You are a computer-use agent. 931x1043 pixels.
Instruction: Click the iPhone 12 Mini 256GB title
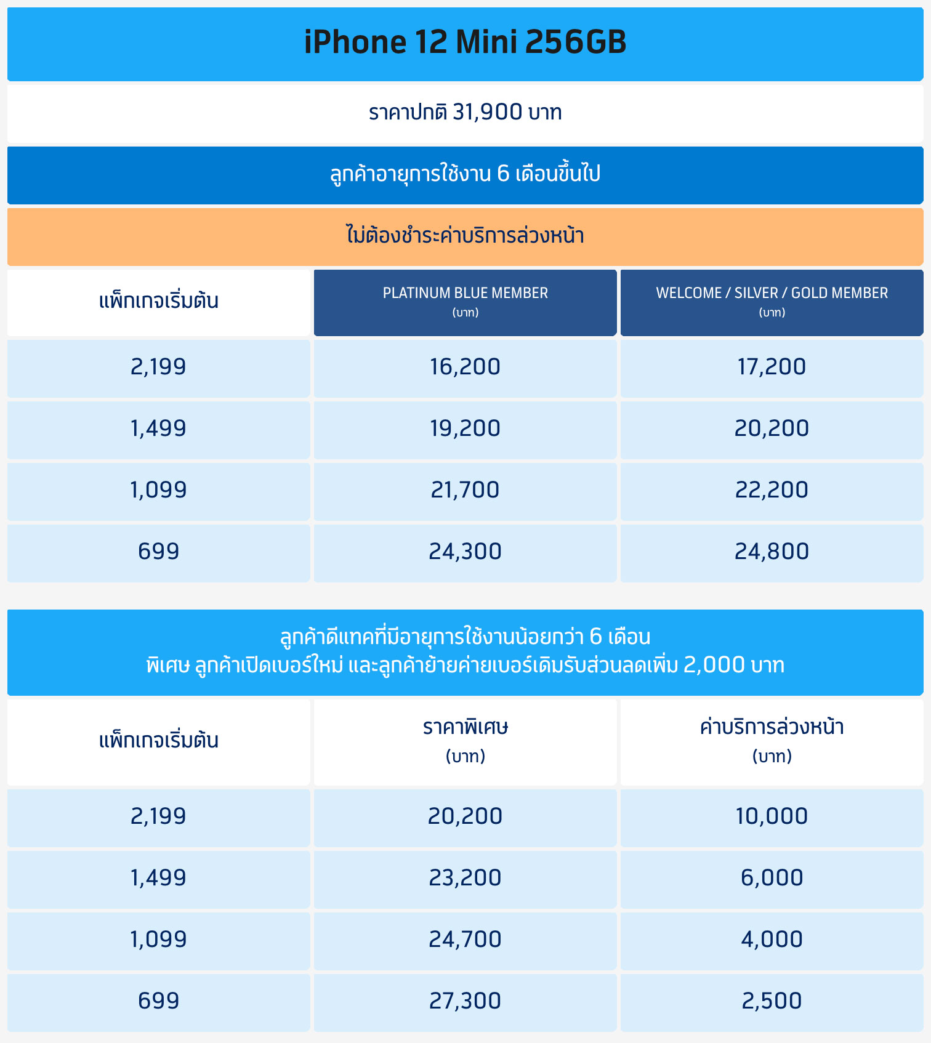(x=465, y=42)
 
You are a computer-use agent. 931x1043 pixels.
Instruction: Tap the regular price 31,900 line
(x=465, y=112)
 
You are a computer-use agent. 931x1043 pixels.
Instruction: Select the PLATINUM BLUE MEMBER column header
(x=465, y=302)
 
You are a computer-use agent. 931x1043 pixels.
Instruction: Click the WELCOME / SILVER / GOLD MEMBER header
(x=772, y=302)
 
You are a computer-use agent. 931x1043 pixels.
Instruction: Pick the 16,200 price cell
(x=465, y=367)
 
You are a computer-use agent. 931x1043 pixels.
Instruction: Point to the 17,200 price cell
(x=772, y=367)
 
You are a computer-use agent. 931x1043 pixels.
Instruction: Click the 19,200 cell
(x=465, y=429)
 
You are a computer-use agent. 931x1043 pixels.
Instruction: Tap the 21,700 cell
(x=465, y=490)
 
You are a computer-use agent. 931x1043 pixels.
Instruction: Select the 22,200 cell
(x=772, y=490)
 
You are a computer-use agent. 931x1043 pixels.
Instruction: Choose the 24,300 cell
(x=465, y=552)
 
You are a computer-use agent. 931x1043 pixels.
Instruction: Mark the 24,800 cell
(x=772, y=552)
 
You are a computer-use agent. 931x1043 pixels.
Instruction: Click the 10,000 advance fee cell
(x=772, y=816)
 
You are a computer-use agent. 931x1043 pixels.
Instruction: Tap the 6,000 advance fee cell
(x=772, y=878)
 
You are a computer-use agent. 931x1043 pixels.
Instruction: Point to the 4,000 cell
(x=772, y=940)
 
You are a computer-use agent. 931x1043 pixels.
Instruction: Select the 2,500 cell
(x=772, y=1001)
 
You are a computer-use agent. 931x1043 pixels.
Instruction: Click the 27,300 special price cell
(x=465, y=1001)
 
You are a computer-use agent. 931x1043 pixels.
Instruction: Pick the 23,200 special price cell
(x=465, y=878)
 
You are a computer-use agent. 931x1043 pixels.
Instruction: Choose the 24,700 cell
(x=465, y=940)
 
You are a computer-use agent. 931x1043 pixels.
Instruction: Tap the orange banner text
(x=465, y=236)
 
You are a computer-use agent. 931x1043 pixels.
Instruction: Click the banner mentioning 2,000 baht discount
(x=465, y=665)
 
